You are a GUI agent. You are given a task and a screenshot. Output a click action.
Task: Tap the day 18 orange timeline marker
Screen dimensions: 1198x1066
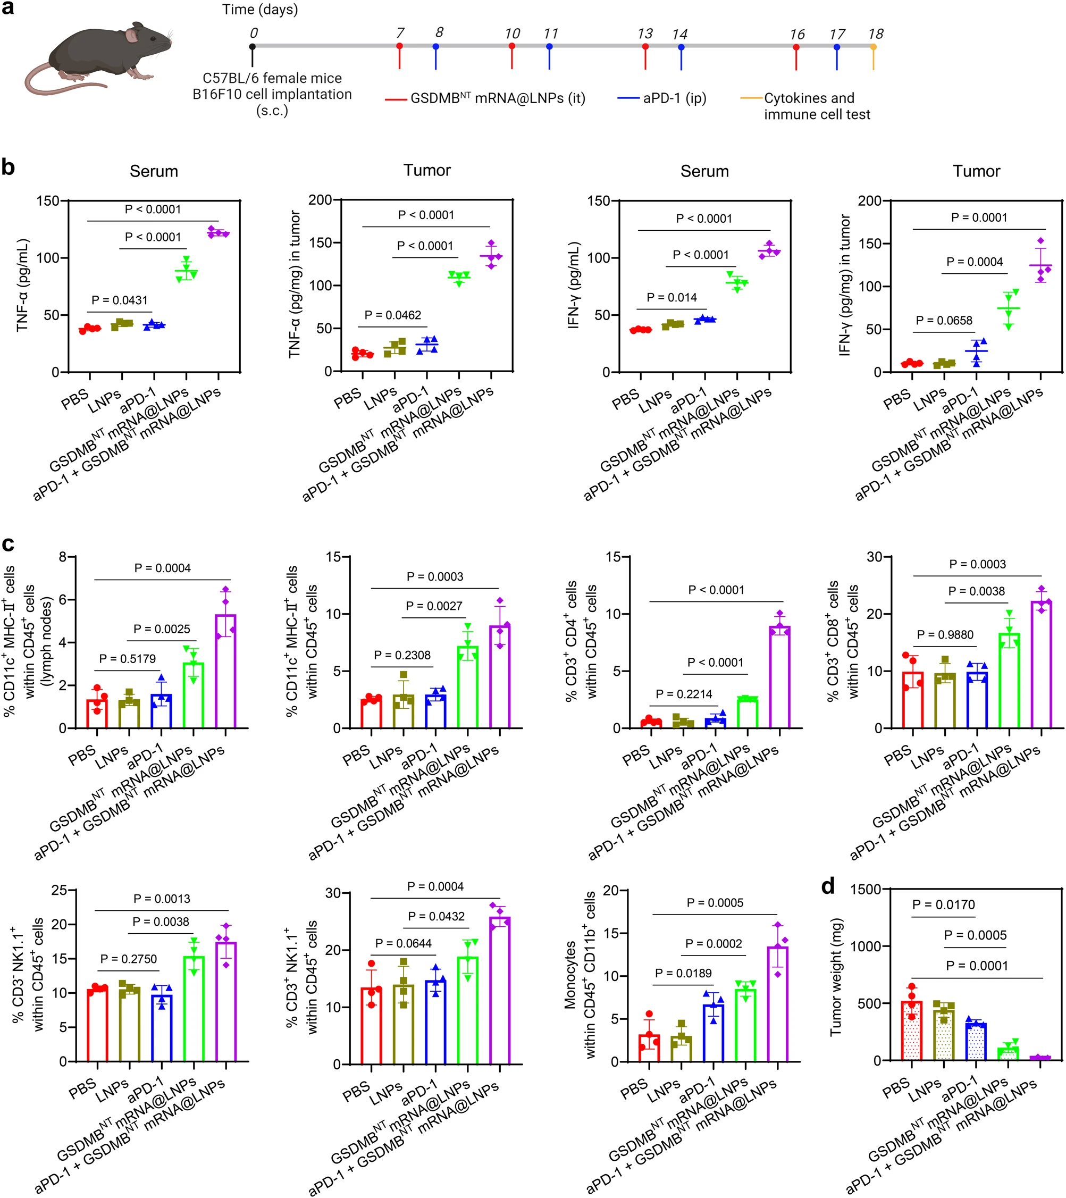873,47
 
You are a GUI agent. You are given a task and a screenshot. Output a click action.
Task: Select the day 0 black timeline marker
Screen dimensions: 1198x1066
253,47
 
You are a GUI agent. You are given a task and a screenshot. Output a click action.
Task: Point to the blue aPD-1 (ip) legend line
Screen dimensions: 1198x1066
628,98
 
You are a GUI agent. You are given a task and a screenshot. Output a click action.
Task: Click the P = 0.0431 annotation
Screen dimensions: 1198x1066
120,300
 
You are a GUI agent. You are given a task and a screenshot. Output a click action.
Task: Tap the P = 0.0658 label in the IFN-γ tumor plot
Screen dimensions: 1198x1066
944,321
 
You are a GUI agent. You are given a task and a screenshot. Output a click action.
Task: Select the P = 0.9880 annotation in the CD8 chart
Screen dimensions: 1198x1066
945,635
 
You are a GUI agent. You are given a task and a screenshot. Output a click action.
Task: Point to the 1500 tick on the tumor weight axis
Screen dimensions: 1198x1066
866,890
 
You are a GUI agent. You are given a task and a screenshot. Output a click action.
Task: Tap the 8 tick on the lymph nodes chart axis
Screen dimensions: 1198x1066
63,557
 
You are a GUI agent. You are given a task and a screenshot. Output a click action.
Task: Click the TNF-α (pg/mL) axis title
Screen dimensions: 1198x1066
22,286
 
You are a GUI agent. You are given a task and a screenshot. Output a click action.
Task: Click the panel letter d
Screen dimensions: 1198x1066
827,887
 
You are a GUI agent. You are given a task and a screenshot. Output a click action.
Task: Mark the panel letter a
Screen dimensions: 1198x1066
7,9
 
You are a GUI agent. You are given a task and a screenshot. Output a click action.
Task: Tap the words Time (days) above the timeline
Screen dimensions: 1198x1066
259,10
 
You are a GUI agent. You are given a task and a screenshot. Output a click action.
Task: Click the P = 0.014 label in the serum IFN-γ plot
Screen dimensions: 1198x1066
672,298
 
